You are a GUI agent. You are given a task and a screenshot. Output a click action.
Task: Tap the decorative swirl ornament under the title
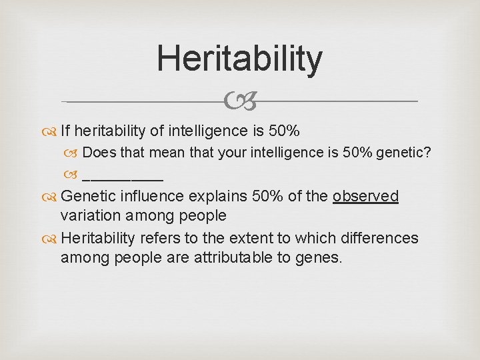click(x=240, y=102)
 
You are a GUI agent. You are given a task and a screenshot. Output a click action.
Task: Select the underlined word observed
click(x=365, y=196)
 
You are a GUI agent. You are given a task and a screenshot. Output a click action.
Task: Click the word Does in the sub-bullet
click(x=99, y=153)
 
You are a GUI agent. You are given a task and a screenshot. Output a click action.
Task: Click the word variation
click(x=92, y=216)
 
